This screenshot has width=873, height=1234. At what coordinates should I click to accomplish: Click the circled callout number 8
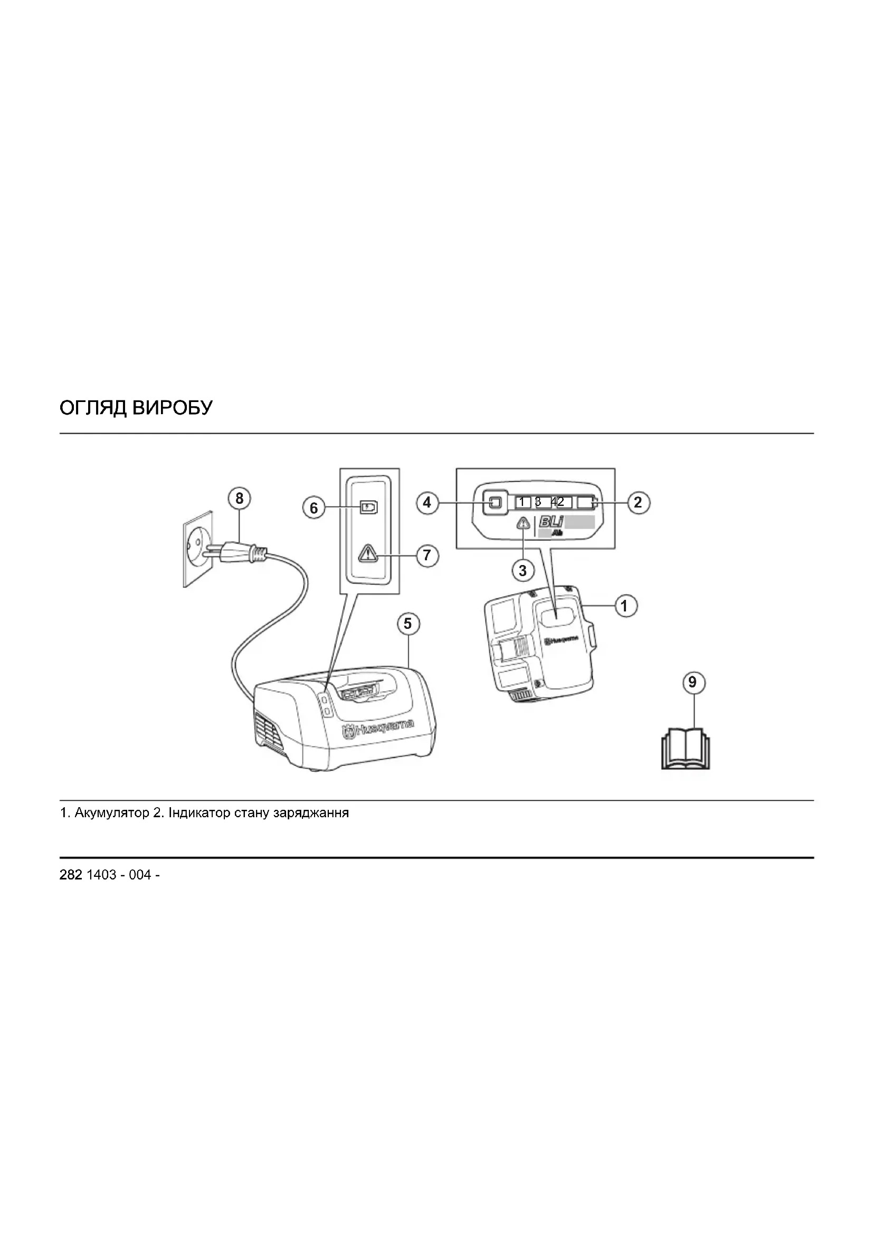[239, 499]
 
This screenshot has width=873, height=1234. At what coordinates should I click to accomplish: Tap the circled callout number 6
[314, 508]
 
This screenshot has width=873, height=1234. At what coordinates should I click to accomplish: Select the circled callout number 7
[427, 554]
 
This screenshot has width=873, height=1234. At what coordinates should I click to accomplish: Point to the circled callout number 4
[427, 503]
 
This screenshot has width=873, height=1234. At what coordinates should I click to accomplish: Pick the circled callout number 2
[638, 503]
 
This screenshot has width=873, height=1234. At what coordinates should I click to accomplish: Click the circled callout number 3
[523, 570]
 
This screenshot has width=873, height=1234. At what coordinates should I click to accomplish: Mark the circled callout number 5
[407, 624]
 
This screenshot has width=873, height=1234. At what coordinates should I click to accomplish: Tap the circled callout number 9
[692, 683]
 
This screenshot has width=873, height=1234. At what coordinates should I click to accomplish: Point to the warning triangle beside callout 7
[368, 553]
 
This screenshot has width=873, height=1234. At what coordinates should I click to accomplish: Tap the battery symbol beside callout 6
[369, 508]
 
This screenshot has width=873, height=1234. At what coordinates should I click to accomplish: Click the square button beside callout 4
[494, 503]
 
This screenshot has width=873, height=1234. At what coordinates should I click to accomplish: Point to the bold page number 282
[70, 875]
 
